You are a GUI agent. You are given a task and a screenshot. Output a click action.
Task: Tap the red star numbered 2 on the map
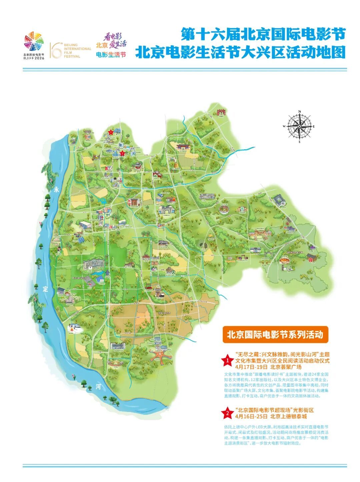click(x=122, y=153)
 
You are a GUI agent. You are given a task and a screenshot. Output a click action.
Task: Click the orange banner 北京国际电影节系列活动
click(x=275, y=334)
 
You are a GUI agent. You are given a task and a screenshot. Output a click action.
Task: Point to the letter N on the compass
click(x=300, y=112)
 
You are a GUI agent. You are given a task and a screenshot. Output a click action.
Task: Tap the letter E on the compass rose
click(x=314, y=127)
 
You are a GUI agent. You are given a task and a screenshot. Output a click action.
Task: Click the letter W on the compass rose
click(x=284, y=127)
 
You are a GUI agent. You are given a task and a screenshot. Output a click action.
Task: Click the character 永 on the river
click(x=56, y=190)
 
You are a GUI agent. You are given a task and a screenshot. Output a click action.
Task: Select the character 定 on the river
click(x=45, y=289)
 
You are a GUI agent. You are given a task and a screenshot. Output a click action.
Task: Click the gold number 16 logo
click(x=56, y=50)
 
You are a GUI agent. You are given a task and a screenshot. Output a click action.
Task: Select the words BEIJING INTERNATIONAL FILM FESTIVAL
click(x=77, y=50)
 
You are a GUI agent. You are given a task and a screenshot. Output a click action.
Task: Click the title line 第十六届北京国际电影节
click(x=263, y=34)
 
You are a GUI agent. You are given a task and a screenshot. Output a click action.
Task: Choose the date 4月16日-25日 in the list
click(x=251, y=416)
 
